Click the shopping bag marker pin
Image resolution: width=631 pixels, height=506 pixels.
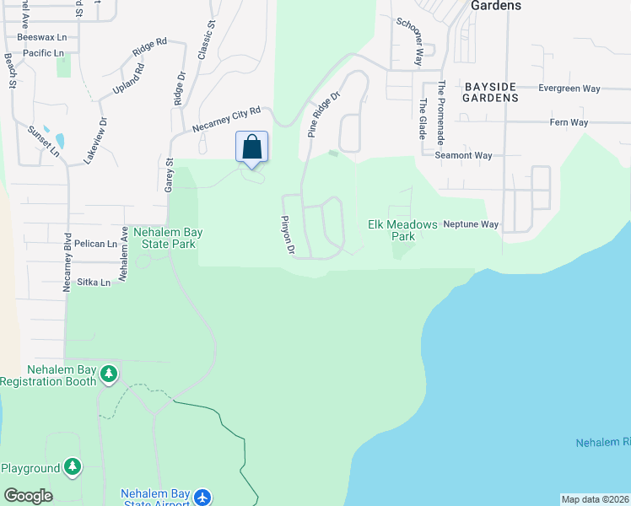[x=252, y=147]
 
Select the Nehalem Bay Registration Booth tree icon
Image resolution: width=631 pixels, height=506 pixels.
[x=108, y=373]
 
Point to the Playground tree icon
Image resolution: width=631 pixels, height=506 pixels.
[x=73, y=466]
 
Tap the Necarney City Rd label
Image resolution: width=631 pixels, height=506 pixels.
[x=226, y=120]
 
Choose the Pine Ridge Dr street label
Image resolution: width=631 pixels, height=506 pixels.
[x=323, y=115]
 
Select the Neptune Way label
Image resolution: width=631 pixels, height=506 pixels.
[x=471, y=225]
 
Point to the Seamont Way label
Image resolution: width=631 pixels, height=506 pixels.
[x=463, y=155]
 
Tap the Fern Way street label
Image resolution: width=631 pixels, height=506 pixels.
[x=569, y=122]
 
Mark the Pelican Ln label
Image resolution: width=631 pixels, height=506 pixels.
[x=95, y=244]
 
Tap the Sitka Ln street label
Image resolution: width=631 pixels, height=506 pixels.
[x=94, y=283]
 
